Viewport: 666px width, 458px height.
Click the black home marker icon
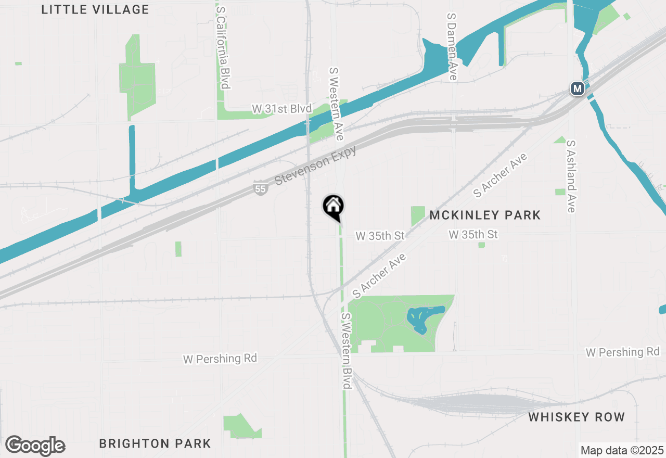333,207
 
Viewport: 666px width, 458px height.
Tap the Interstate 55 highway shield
261,188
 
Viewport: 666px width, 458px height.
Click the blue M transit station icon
577,88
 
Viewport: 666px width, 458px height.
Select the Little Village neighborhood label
95,9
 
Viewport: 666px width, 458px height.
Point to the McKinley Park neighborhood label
485,215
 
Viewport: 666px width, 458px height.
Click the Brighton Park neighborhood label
155,443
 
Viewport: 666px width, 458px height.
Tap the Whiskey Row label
576,417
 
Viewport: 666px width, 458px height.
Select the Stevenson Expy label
315,166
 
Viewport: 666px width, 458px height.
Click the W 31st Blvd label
281,109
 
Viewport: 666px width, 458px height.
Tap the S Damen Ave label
452,47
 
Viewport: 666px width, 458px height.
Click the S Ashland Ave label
571,176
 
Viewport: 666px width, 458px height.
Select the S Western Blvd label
346,351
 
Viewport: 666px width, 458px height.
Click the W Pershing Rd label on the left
220,359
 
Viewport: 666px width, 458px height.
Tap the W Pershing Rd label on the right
622,352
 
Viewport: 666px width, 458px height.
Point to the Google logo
35,446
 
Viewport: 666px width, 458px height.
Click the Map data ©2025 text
622,450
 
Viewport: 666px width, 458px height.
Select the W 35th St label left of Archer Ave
380,236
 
